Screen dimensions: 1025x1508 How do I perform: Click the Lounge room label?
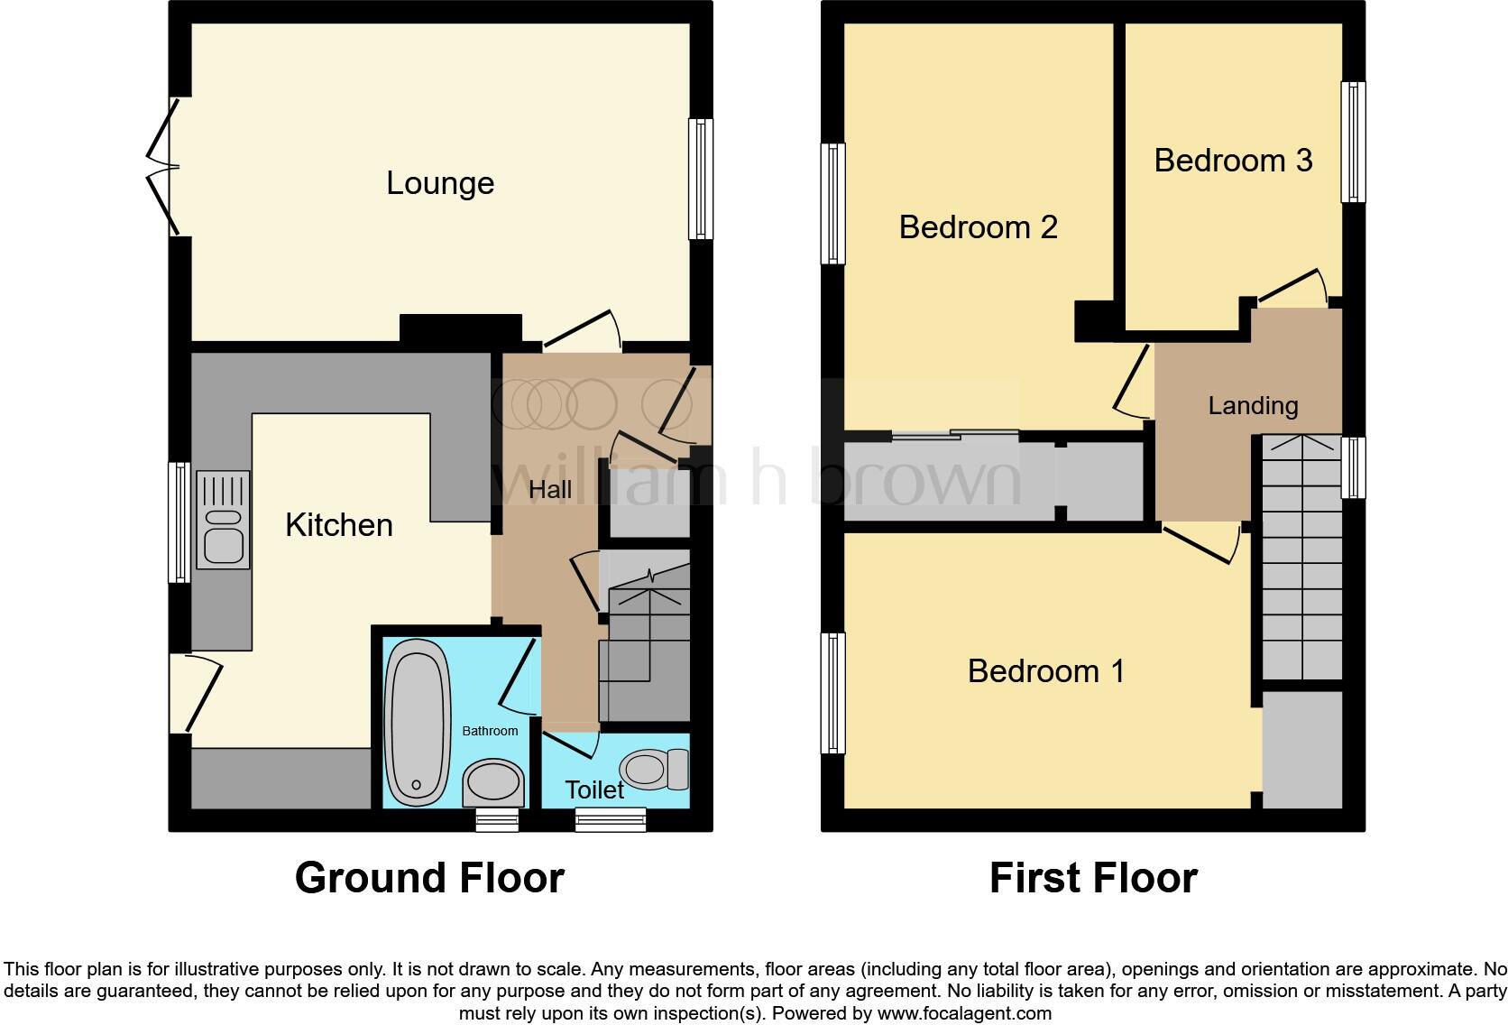(440, 183)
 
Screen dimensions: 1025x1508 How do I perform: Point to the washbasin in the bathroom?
(493, 781)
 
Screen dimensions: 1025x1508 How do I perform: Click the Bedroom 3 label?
(1232, 161)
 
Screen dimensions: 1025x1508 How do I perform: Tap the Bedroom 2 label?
(978, 226)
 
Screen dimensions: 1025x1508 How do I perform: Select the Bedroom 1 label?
(1045, 671)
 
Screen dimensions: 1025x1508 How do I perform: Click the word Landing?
(1253, 406)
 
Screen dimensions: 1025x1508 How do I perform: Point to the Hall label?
(550, 490)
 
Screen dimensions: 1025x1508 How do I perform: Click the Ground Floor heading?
(429, 878)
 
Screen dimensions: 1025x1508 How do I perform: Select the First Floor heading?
(1093, 878)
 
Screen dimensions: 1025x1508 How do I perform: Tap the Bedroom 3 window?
(1353, 143)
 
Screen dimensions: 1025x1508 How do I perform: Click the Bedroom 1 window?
(832, 693)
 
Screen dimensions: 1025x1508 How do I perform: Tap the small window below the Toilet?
(611, 819)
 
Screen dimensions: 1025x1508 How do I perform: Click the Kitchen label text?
(338, 525)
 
